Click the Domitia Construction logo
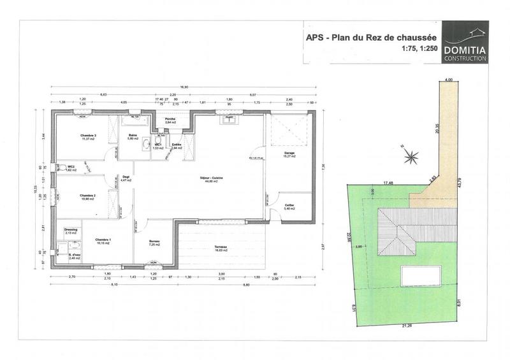tap(465, 42)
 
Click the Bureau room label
tap(154, 241)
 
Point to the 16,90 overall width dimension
tap(184, 87)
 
